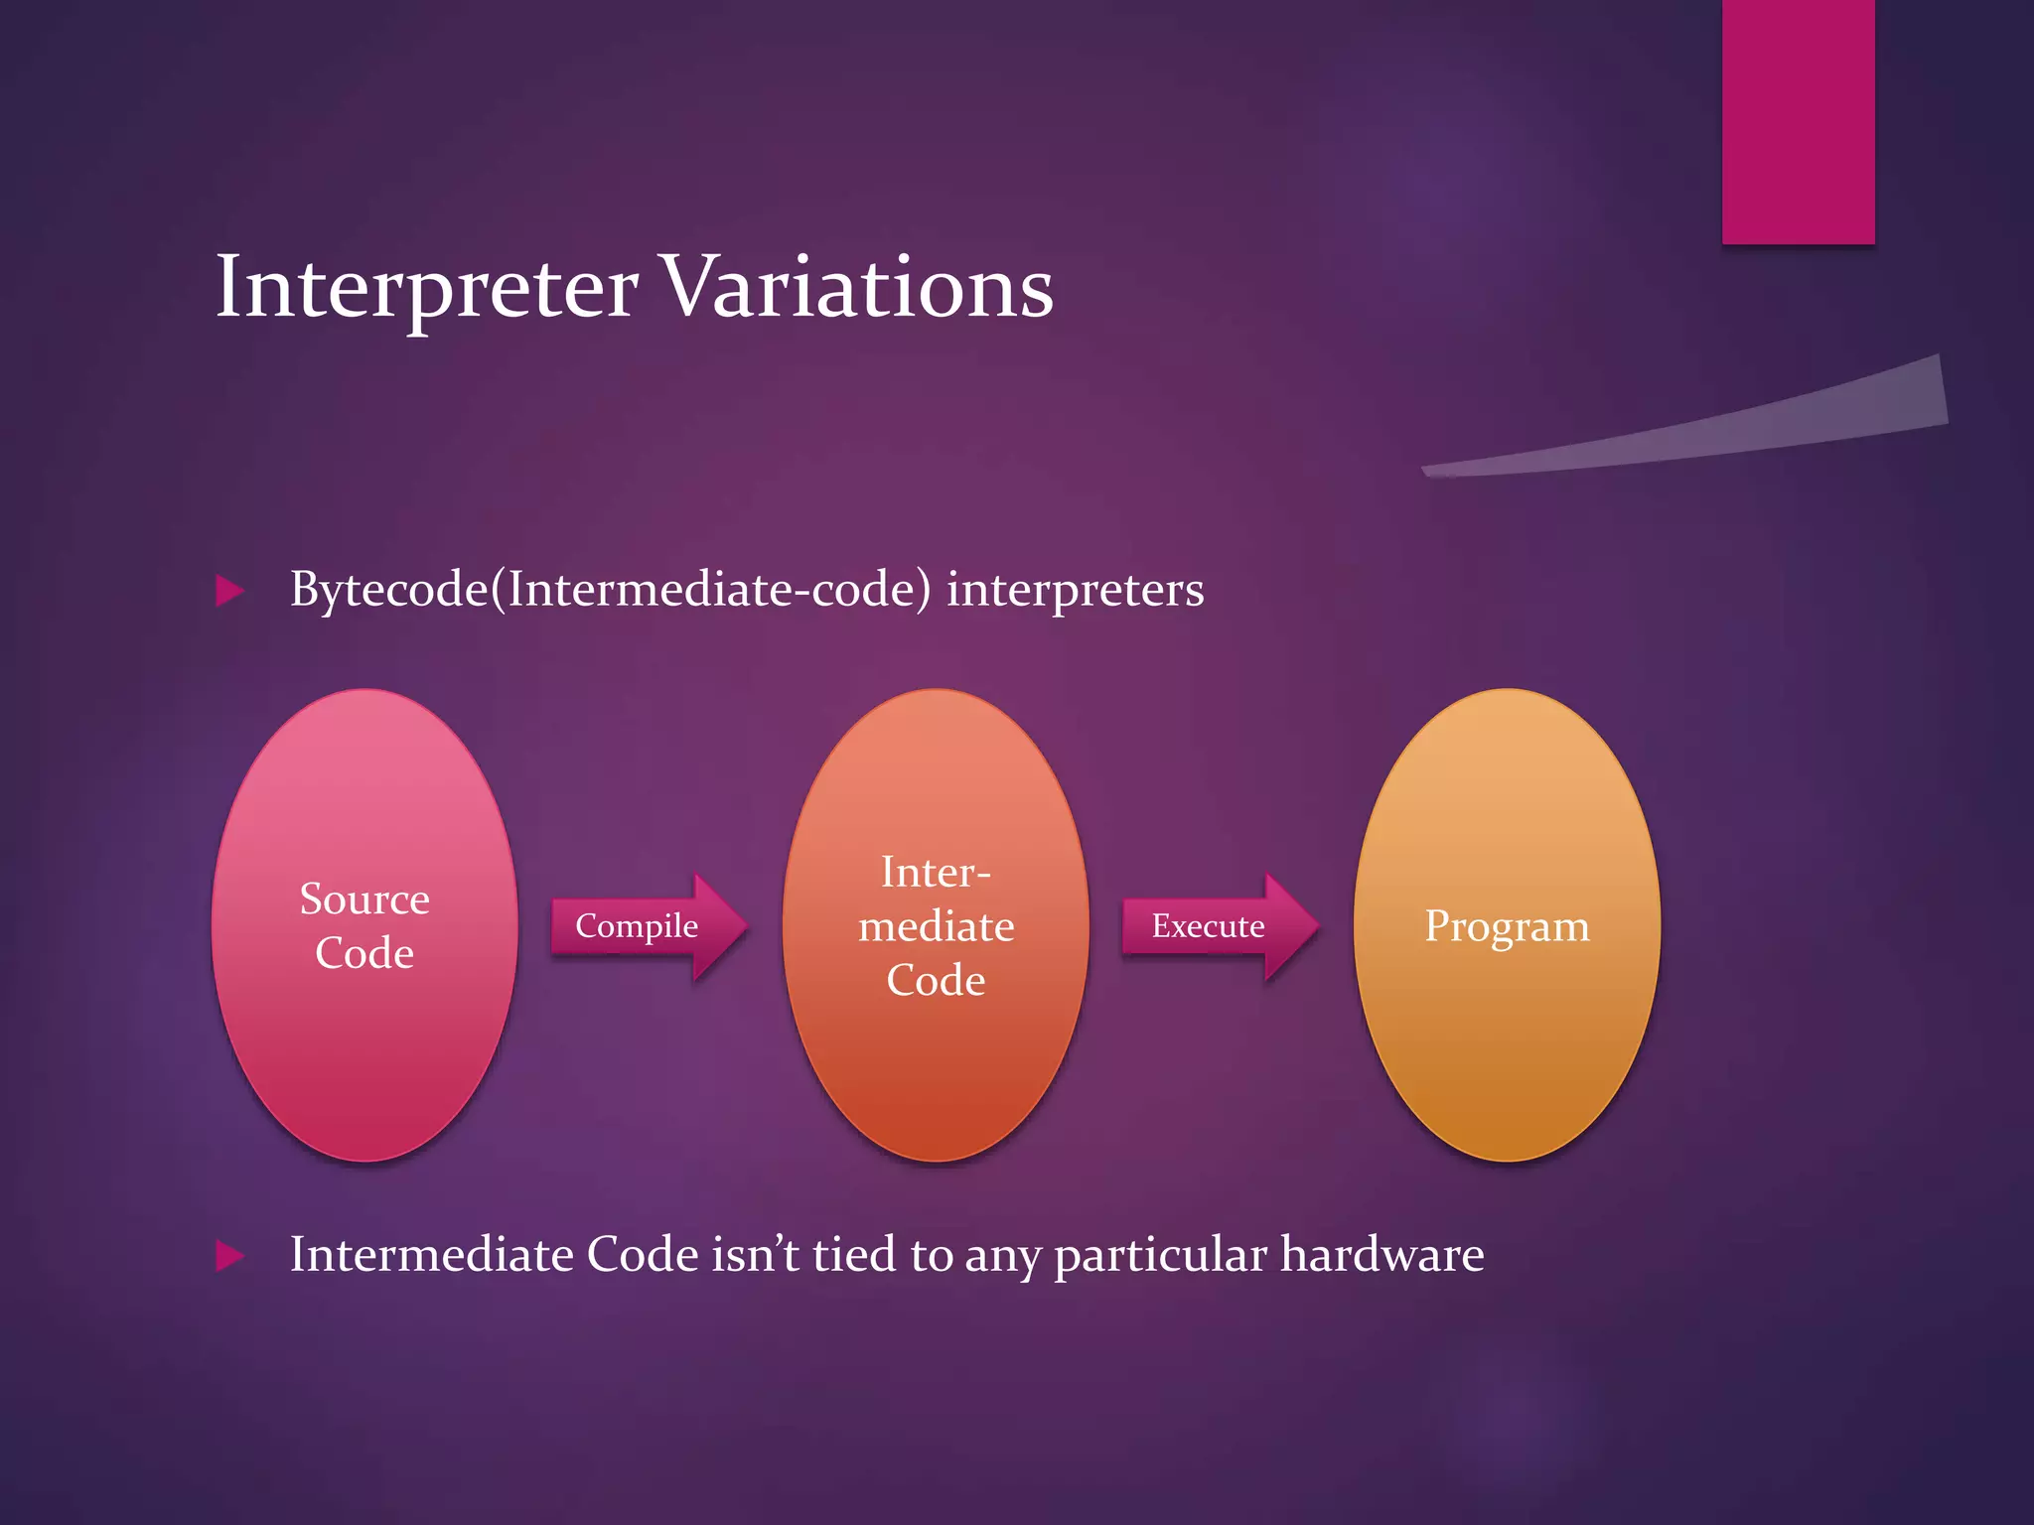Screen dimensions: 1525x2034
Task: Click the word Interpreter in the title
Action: [x=426, y=288]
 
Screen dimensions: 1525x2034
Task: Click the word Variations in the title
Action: [x=856, y=288]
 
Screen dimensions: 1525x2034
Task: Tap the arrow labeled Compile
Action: [x=646, y=926]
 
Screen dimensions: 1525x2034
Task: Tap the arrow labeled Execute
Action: [x=1218, y=926]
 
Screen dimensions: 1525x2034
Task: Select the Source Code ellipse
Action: [x=364, y=1052]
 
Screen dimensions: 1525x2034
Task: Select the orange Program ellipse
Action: [x=1507, y=1042]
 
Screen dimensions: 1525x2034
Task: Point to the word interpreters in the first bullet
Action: [x=1075, y=590]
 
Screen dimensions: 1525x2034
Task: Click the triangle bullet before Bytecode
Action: [x=229, y=592]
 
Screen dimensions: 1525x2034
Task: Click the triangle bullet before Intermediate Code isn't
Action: [x=229, y=1256]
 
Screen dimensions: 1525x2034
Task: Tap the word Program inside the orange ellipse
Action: [x=1507, y=926]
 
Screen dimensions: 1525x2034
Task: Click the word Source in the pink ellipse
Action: [x=364, y=900]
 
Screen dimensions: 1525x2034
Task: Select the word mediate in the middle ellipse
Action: [x=936, y=926]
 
